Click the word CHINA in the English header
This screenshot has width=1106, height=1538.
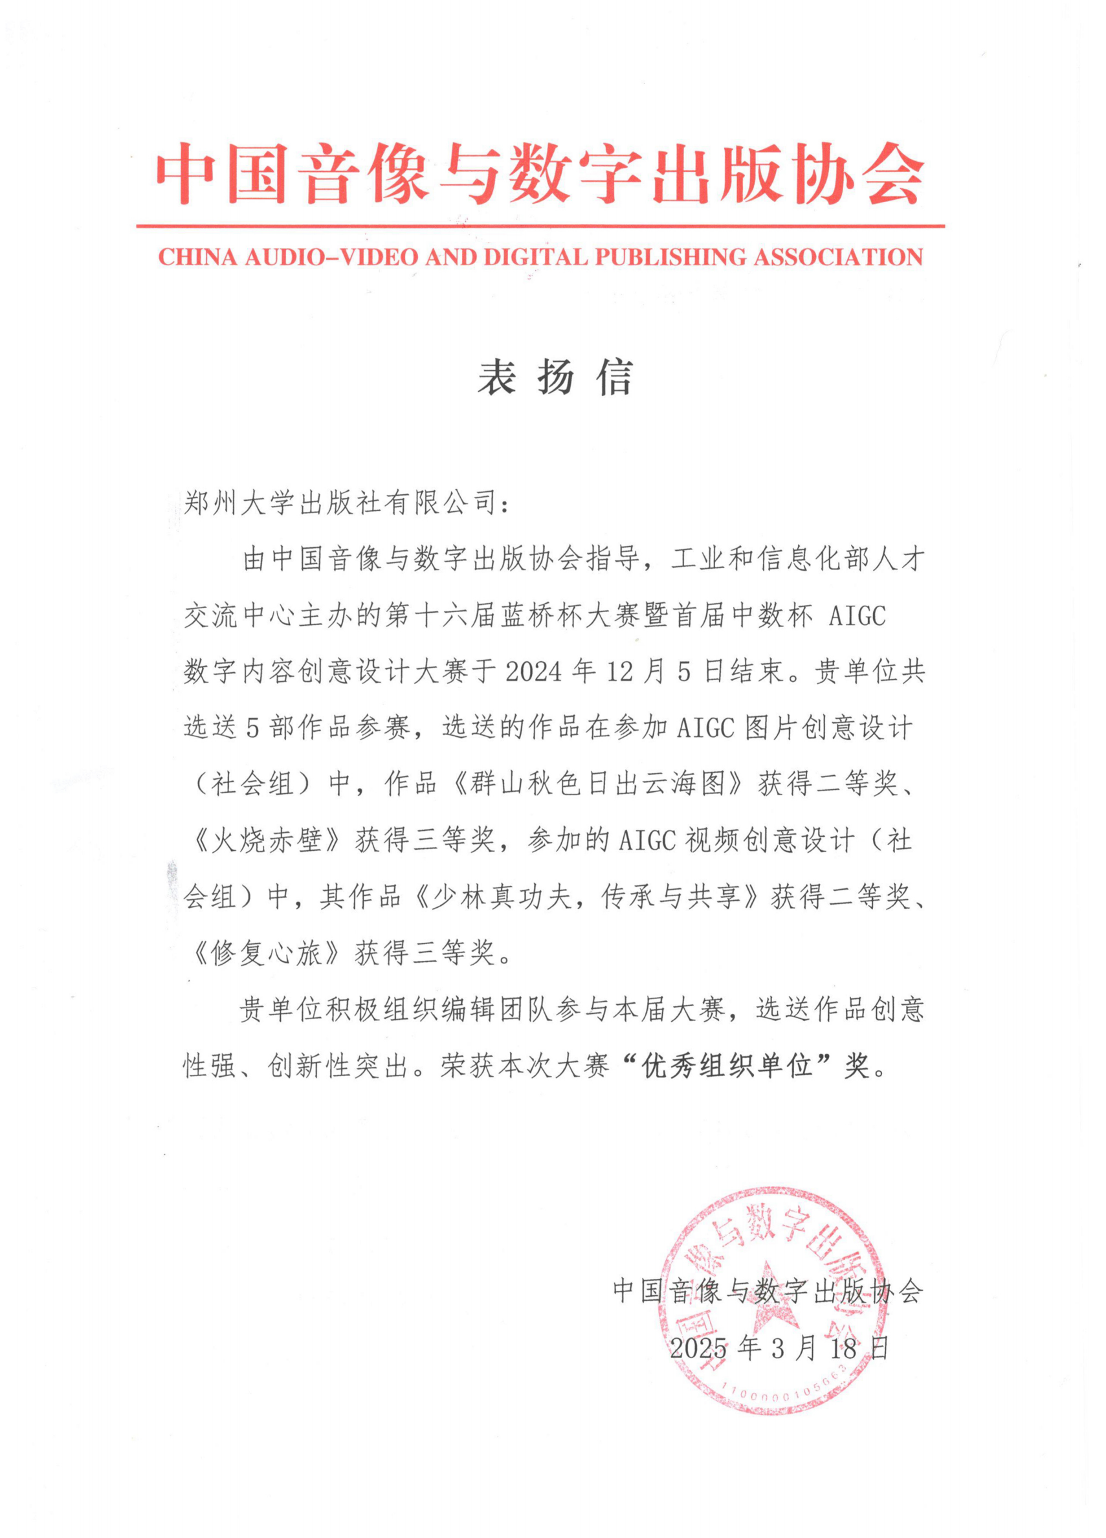197,257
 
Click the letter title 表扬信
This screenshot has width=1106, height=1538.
555,377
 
